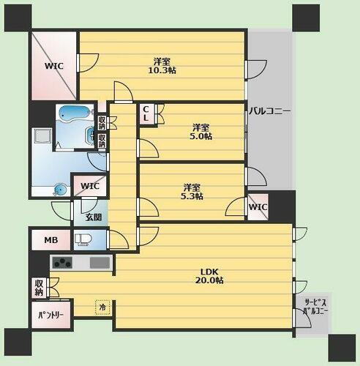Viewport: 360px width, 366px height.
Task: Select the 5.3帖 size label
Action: (x=193, y=195)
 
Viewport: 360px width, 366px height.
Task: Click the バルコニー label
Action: (x=269, y=111)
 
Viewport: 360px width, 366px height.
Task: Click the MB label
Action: (x=50, y=240)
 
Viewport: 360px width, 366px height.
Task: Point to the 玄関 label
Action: (x=94, y=217)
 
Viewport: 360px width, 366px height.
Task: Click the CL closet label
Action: (x=146, y=113)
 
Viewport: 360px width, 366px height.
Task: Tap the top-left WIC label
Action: (x=54, y=66)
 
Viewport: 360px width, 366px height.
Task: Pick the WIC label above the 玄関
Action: (x=90, y=184)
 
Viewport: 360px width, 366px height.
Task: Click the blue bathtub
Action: (x=76, y=114)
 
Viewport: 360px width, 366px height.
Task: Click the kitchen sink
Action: (x=100, y=263)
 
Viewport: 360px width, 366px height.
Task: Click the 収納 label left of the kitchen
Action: (x=38, y=288)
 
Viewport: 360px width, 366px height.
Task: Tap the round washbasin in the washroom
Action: (x=59, y=190)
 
